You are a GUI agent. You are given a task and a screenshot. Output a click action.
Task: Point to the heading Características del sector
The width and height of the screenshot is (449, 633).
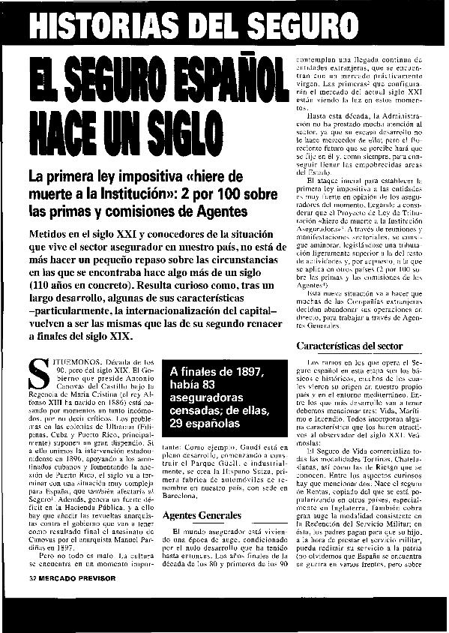click(350, 346)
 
